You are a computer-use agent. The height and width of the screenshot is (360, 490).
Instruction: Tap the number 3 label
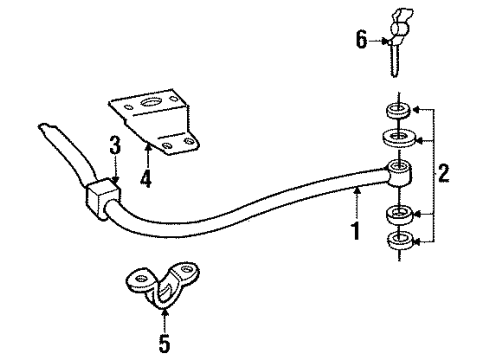[x=116, y=146]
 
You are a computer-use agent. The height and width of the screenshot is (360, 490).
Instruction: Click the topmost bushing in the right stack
[x=397, y=107]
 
